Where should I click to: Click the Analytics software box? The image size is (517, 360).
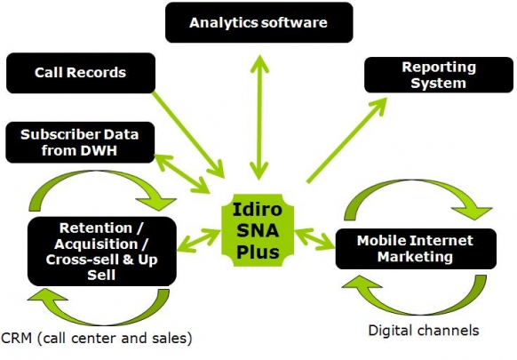(258, 22)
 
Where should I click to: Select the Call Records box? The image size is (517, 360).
(81, 73)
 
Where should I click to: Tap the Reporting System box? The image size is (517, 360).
(439, 75)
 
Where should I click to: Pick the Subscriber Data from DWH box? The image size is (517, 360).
(80, 142)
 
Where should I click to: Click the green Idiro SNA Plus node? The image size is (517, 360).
(258, 230)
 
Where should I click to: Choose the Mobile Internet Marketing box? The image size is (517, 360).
(416, 249)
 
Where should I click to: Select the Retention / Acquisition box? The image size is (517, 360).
(102, 252)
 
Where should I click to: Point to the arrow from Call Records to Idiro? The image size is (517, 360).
(188, 134)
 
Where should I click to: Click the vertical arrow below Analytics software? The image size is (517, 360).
(259, 117)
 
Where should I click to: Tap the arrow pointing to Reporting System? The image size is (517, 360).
(346, 140)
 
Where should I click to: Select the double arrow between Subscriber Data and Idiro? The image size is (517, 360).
(182, 173)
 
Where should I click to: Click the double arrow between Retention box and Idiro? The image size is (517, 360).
(199, 241)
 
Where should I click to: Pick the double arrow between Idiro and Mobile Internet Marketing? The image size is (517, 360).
(314, 239)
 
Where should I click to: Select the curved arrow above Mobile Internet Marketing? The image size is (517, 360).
(416, 186)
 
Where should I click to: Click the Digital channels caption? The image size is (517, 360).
(424, 331)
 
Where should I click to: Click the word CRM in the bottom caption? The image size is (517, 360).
(16, 338)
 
